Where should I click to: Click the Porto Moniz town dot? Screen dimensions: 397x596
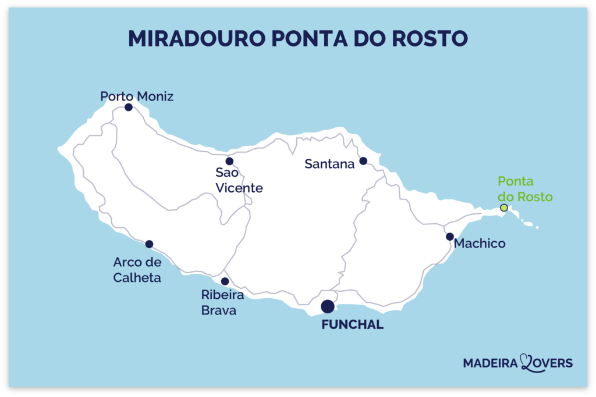click(128, 107)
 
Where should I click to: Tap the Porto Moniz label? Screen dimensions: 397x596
click(137, 96)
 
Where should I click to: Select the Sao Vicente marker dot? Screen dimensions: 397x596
click(229, 161)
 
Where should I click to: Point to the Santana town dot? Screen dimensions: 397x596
click(363, 161)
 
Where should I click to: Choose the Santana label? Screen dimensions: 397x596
click(329, 164)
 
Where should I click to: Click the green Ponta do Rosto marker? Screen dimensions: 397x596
click(504, 208)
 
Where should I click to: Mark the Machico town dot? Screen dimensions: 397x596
click(450, 237)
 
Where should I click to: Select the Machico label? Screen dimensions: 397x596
click(479, 243)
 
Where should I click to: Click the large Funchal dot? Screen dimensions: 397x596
click(328, 306)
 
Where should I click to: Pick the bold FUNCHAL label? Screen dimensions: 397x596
click(352, 325)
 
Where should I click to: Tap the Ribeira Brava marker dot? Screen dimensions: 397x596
click(225, 281)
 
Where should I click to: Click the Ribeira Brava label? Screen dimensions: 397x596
click(222, 303)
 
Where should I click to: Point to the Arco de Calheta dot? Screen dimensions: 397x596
click(149, 244)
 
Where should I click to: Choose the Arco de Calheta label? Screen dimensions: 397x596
click(137, 270)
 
